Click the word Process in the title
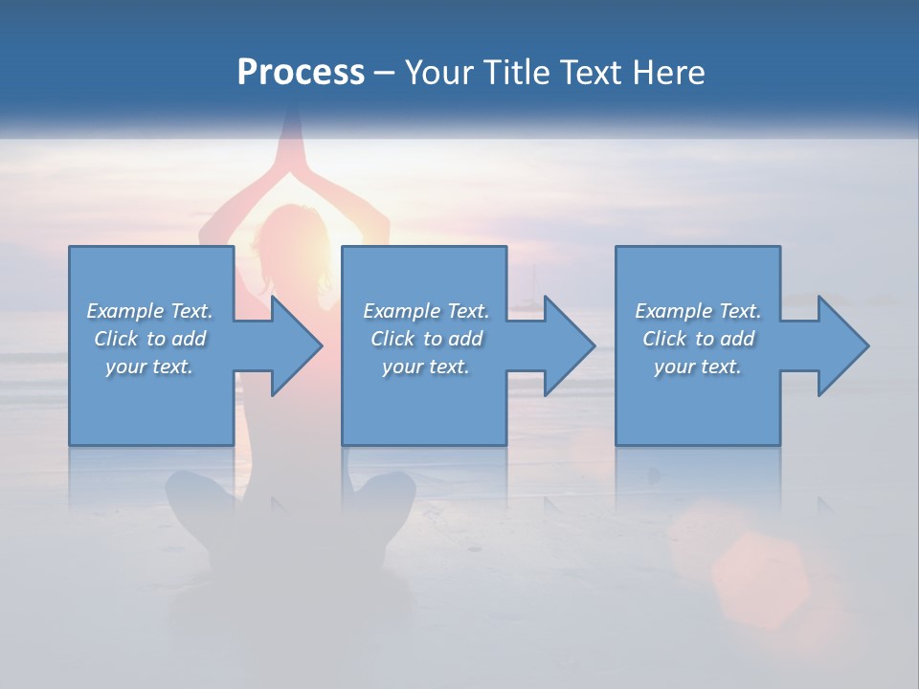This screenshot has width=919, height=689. tap(301, 73)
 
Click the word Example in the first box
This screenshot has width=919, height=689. tap(124, 311)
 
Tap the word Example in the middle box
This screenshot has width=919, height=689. tap(401, 311)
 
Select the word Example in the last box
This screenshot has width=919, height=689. tap(673, 311)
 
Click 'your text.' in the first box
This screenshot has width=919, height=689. tap(149, 367)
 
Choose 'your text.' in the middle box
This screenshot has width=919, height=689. tap(425, 367)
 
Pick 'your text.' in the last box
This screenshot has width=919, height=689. tap(698, 367)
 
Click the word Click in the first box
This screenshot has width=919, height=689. tap(115, 339)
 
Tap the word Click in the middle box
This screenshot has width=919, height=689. tap(392, 339)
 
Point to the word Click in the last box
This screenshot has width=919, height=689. tap(663, 339)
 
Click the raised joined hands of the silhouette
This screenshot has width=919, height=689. tap(292, 144)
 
